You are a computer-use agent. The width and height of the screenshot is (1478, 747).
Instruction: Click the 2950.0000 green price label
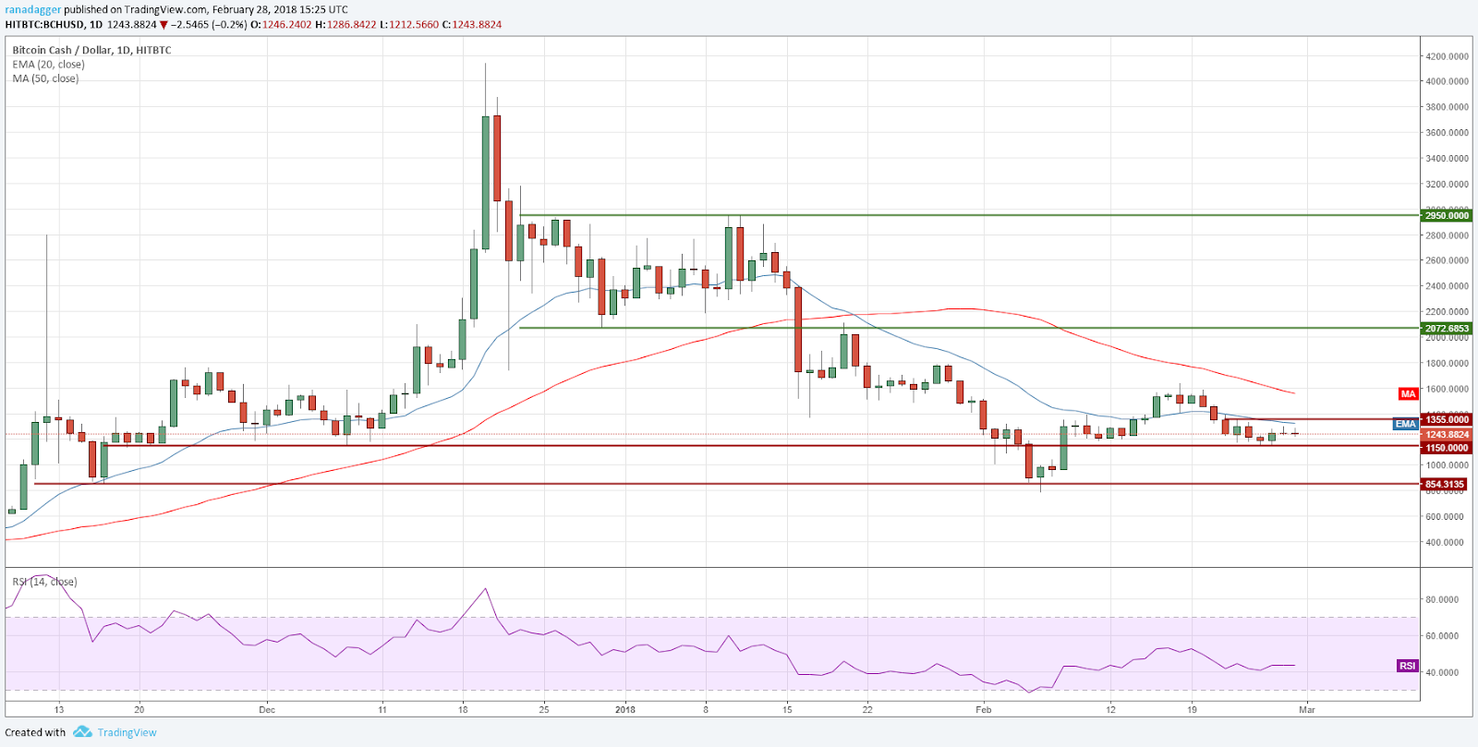[x=1447, y=215]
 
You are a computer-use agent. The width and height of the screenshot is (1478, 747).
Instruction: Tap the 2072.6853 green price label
[x=1447, y=329]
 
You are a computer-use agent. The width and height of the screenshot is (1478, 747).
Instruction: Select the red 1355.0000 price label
[x=1447, y=419]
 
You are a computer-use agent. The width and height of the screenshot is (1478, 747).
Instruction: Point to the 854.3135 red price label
[x=1445, y=484]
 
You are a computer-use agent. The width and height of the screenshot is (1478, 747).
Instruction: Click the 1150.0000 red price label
[x=1447, y=448]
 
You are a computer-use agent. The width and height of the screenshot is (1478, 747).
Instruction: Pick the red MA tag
[x=1407, y=394]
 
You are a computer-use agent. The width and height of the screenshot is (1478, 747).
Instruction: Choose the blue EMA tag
[x=1405, y=424]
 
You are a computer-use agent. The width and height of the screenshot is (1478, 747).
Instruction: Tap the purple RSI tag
[x=1407, y=666]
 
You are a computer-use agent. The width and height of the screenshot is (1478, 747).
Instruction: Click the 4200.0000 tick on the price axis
[x=1447, y=56]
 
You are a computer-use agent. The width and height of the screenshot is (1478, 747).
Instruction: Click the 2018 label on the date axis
[x=625, y=710]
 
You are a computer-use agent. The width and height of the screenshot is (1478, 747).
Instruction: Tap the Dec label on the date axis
[x=267, y=710]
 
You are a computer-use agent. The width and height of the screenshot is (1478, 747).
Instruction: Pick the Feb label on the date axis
[x=983, y=710]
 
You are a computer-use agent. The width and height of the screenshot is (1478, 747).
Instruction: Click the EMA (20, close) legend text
[x=48, y=65]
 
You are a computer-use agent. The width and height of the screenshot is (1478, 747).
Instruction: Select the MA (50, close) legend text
[x=45, y=78]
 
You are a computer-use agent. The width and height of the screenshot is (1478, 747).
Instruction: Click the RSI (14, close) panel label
[x=44, y=582]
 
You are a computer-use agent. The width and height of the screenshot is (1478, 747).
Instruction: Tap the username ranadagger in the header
[x=32, y=10]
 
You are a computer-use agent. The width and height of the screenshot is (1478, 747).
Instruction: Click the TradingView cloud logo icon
[x=82, y=732]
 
